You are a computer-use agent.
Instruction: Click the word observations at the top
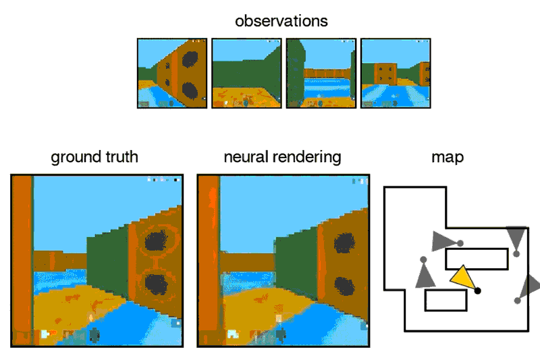281,21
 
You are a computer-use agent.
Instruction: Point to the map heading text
448,157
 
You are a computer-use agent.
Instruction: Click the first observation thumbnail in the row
172,73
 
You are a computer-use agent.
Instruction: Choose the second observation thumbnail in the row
246,73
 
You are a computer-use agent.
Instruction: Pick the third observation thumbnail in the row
321,73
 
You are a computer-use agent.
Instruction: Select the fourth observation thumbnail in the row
395,73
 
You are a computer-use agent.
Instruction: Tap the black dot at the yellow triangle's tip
478,290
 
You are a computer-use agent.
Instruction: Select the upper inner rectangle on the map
477,259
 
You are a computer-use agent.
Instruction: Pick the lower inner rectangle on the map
446,301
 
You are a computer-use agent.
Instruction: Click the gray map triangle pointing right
442,240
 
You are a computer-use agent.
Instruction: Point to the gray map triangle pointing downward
516,238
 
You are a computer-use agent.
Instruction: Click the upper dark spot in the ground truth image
157,241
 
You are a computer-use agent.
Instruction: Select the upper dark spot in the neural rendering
344,243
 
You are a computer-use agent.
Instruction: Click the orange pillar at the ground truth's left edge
22,260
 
